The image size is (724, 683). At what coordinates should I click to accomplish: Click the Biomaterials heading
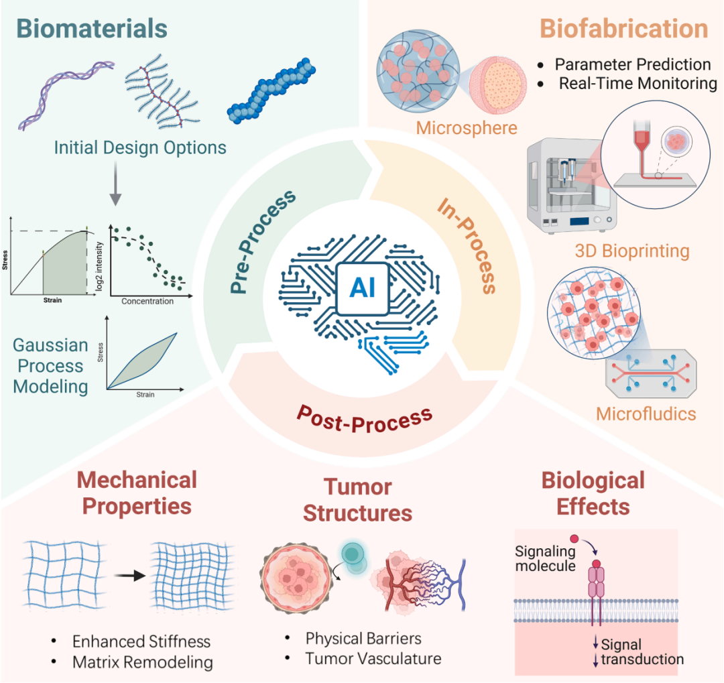point(92,29)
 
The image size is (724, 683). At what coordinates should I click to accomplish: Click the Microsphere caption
point(467,127)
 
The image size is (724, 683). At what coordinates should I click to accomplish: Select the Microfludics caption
point(646,413)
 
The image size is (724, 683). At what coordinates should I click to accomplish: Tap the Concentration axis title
point(147,301)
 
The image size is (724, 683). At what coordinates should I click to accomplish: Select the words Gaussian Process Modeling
point(51,366)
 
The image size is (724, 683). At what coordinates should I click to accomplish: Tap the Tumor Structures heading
point(357,499)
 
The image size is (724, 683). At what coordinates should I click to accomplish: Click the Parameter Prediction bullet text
point(632,64)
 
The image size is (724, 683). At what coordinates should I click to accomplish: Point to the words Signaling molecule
point(545,558)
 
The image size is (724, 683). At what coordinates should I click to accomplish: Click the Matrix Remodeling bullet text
point(142,662)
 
